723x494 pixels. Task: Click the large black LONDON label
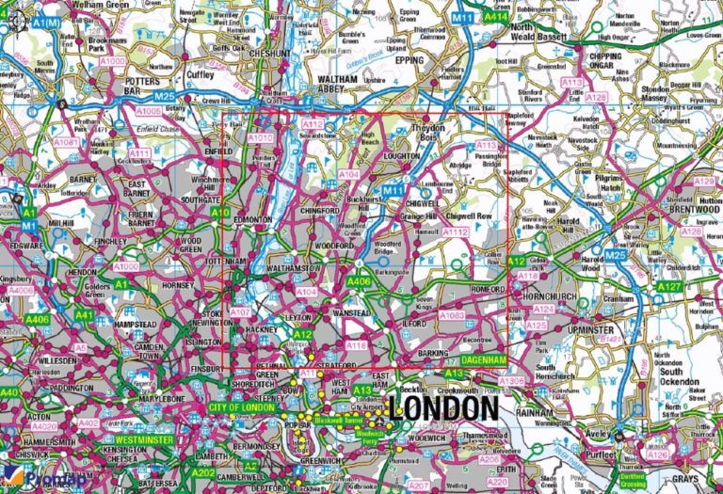pyautogui.click(x=442, y=407)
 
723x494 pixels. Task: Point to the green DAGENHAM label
pyautogui.click(x=485, y=360)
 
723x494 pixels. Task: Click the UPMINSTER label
pyautogui.click(x=590, y=330)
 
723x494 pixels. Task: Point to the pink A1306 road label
pyautogui.click(x=511, y=380)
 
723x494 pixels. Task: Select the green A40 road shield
pyautogui.click(x=9, y=392)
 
